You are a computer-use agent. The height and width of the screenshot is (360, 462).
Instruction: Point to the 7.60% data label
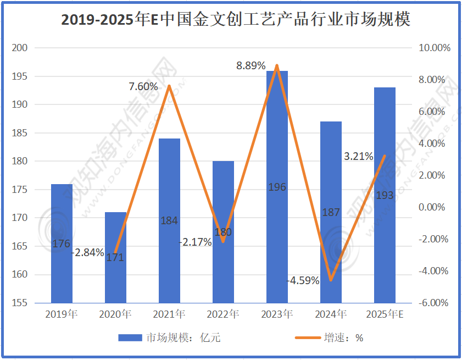(143, 86)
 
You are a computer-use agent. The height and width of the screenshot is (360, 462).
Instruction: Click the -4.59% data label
(304, 280)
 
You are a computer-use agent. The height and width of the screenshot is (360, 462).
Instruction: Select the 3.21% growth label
(358, 156)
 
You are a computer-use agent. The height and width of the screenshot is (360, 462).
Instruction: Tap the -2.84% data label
(88, 252)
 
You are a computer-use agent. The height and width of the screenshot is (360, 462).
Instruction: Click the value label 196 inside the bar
(277, 187)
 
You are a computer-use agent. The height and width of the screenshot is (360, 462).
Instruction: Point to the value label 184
(169, 220)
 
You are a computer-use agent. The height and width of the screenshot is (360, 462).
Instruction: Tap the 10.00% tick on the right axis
(435, 48)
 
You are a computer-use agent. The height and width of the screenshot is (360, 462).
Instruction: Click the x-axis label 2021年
(169, 315)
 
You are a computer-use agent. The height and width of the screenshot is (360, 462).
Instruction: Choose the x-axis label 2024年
(331, 315)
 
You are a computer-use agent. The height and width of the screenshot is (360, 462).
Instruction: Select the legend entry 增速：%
(344, 337)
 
